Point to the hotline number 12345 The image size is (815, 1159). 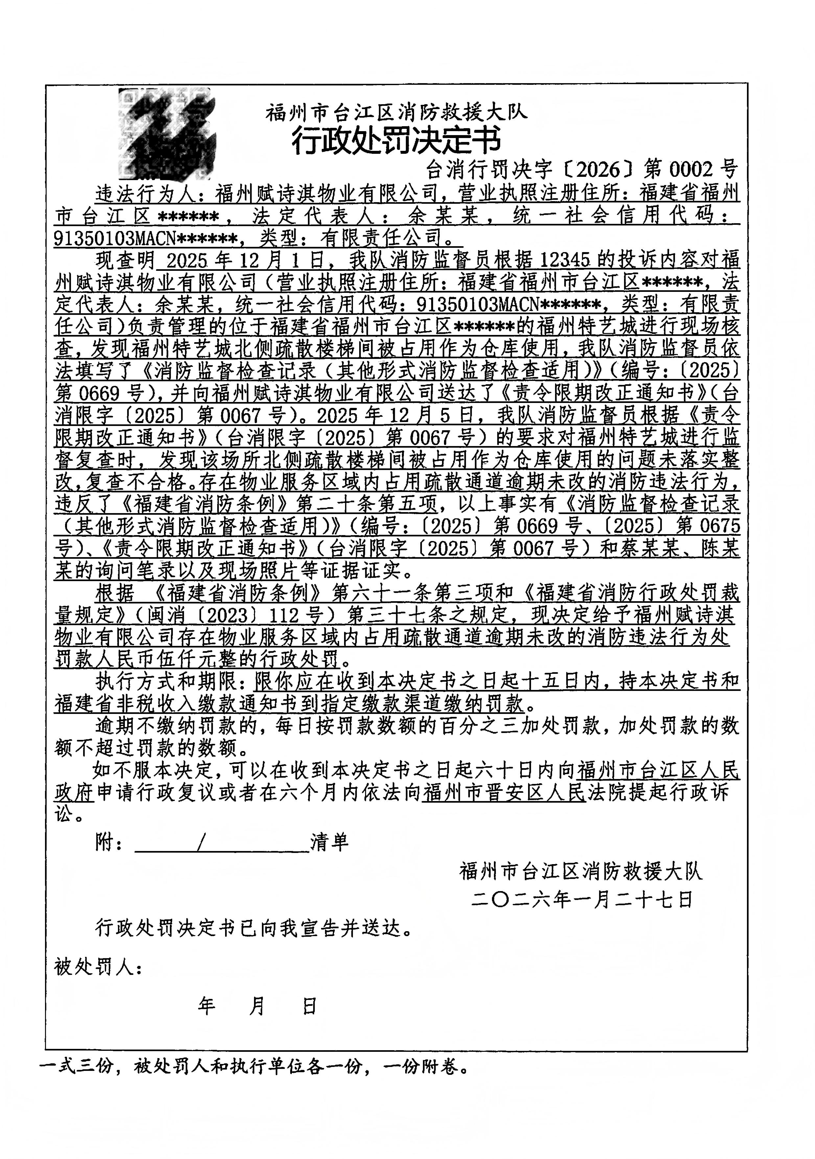click(565, 260)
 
